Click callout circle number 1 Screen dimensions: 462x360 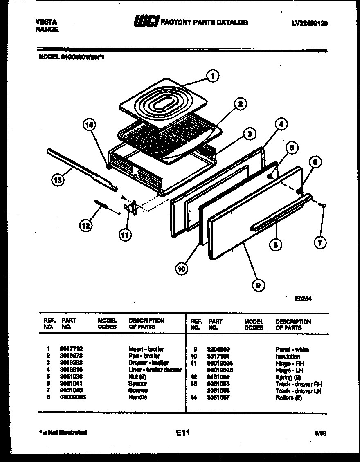click(x=212, y=76)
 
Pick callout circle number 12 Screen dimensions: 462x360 click(x=86, y=224)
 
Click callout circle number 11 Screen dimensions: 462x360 click(x=125, y=234)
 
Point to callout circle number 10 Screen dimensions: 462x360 click(x=182, y=268)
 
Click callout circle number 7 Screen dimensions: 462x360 click(x=320, y=243)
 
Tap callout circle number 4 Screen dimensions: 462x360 click(x=281, y=124)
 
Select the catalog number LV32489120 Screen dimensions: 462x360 click(x=310, y=23)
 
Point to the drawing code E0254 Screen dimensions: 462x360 click(x=304, y=298)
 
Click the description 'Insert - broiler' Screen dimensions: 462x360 click(x=146, y=349)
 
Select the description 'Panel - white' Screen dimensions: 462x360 click(x=292, y=350)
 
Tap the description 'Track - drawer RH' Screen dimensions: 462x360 click(x=299, y=384)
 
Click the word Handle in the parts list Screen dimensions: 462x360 click(x=138, y=397)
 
